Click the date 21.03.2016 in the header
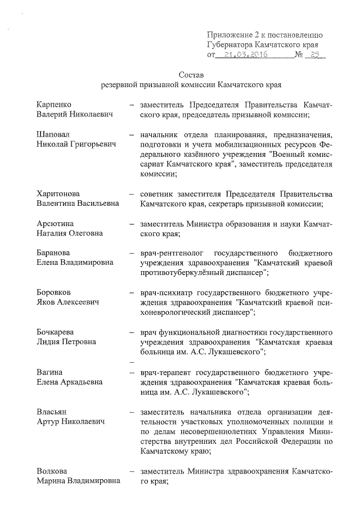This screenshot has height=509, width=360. tap(244, 55)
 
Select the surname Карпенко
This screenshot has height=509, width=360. tap(54, 105)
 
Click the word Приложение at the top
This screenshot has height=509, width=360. tap(230, 34)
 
